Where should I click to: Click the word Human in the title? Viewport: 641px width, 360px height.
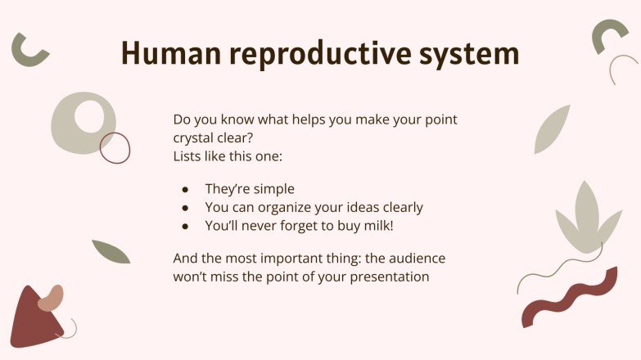171,53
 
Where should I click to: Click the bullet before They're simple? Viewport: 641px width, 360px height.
186,190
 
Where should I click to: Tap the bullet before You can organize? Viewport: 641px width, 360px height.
186,208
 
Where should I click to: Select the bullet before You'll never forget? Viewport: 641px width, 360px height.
186,226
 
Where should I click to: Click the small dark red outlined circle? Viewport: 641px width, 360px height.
115,147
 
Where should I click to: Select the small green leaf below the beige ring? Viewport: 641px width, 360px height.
111,251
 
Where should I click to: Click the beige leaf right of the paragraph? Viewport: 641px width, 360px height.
551,129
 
